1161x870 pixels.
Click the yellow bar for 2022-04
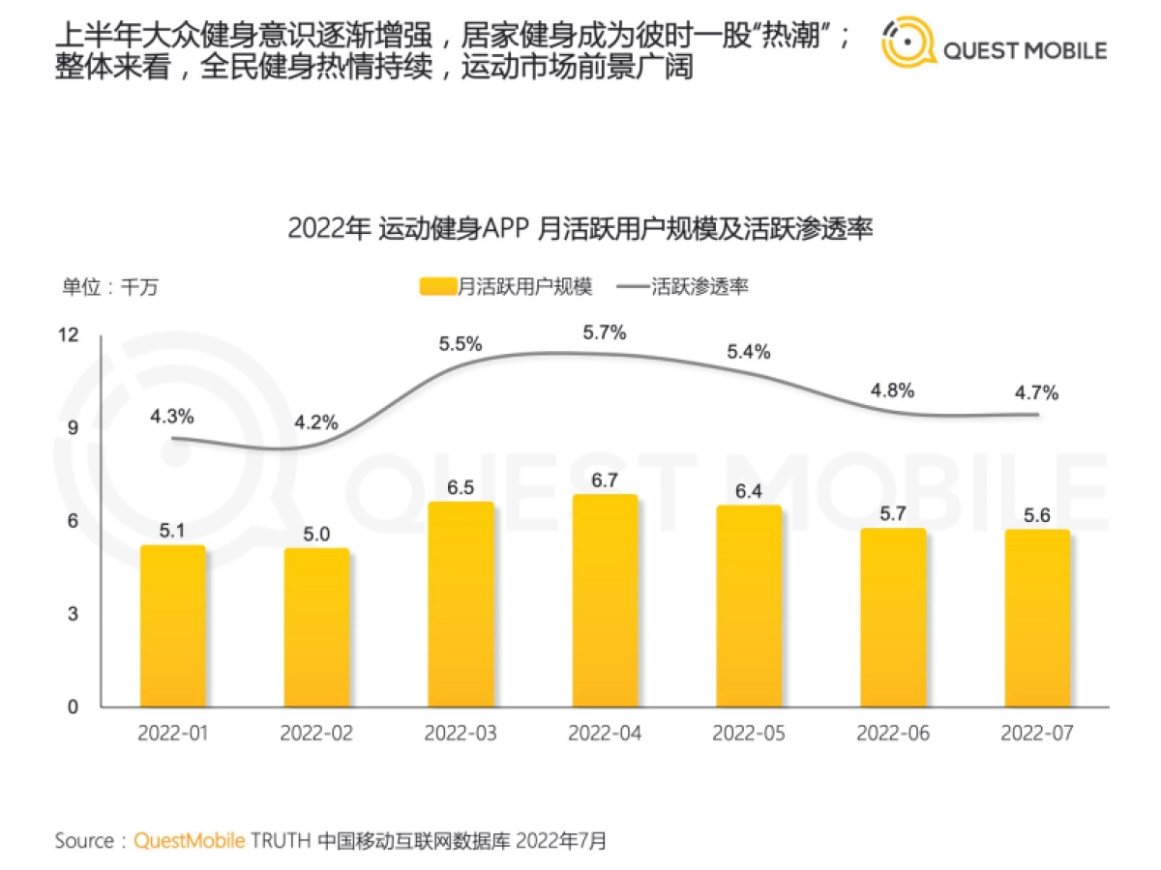tap(605, 601)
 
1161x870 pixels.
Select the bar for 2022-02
tap(316, 628)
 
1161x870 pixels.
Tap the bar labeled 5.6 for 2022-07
tap(1037, 619)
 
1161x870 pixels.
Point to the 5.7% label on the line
tap(605, 333)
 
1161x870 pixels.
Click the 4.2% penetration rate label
tap(316, 422)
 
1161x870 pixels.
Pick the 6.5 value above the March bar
tap(461, 488)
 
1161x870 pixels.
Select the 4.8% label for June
tap(893, 391)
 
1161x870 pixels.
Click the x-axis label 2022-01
tap(172, 734)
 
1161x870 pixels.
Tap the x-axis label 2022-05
tap(749, 734)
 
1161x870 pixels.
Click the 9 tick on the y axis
tap(72, 428)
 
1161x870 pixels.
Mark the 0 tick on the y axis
tap(72, 708)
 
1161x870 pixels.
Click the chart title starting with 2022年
tap(580, 230)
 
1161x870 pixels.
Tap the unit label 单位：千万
tap(109, 286)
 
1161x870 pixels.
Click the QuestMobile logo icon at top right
tap(908, 43)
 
